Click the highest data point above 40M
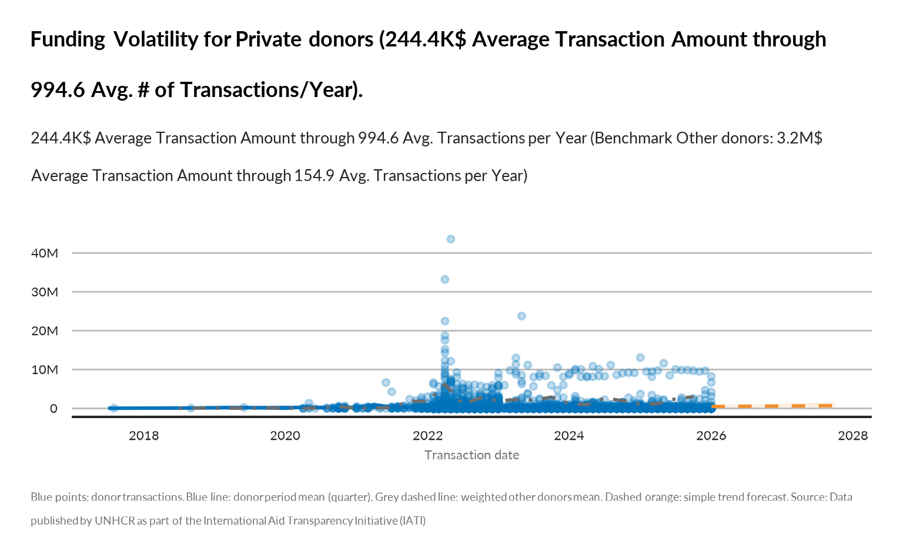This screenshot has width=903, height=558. (451, 239)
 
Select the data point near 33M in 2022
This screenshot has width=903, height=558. (445, 279)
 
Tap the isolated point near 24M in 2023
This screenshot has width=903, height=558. (521, 316)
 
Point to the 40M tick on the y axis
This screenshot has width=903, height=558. (45, 253)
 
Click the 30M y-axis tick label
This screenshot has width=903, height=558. (45, 292)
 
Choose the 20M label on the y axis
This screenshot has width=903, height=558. (45, 331)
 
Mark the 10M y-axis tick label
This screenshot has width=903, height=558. (45, 370)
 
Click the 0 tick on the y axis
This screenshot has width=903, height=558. (53, 409)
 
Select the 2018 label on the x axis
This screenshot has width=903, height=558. (144, 436)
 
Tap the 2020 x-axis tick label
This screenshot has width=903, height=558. (285, 436)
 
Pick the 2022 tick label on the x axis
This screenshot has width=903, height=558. (427, 436)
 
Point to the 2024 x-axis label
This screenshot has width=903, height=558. (569, 436)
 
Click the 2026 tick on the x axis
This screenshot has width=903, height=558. (711, 436)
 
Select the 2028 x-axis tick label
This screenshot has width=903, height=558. (853, 436)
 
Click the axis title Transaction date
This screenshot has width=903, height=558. (471, 455)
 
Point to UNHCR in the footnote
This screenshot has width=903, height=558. (115, 521)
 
